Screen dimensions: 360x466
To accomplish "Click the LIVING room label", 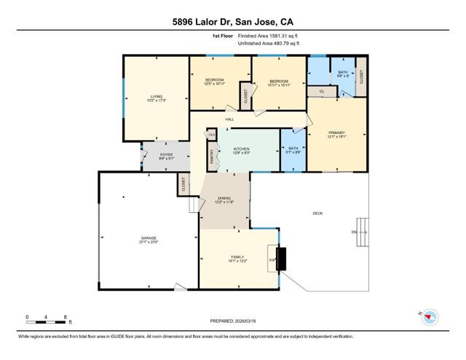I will click(x=156, y=95).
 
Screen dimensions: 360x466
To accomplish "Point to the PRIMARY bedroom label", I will click(x=335, y=132).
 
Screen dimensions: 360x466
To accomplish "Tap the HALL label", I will click(x=229, y=119).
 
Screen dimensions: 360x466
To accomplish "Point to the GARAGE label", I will click(x=149, y=238).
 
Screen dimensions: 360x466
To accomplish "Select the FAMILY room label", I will click(x=237, y=257).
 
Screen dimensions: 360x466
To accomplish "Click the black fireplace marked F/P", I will click(x=281, y=258).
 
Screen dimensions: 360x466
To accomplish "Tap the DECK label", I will click(x=317, y=213).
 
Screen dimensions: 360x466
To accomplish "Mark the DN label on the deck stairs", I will click(x=355, y=232).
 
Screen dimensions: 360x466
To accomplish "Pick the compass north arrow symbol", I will click(x=431, y=316).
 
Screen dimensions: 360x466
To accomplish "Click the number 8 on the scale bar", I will click(x=66, y=317).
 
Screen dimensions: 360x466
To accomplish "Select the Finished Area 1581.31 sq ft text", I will click(x=268, y=36).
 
